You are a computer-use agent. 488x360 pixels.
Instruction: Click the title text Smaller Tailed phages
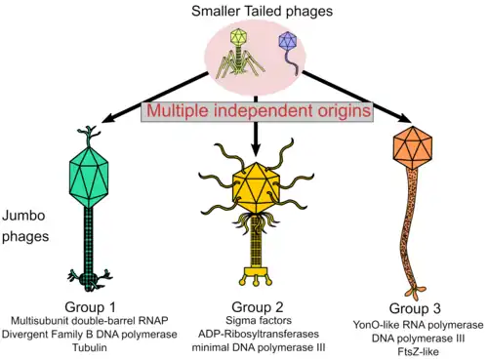tap(262, 11)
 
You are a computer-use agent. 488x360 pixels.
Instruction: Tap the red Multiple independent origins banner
tap(258, 111)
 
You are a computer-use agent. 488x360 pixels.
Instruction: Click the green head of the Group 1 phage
tap(89, 177)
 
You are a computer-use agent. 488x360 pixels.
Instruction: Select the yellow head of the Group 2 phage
tap(257, 187)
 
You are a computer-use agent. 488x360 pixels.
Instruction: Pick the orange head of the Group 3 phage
tap(413, 148)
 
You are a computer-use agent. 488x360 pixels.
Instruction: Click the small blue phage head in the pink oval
tap(288, 41)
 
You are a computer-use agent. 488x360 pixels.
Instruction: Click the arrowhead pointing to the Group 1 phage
tap(109, 118)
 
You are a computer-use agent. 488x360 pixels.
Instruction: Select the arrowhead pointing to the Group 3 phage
tap(404, 119)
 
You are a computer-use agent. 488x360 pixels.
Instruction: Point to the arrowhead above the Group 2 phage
tap(256, 150)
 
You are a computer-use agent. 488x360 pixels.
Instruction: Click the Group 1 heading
tap(90, 307)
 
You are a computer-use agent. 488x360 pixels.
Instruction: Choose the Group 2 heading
tap(258, 307)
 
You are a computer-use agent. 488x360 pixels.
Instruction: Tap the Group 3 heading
tap(415, 308)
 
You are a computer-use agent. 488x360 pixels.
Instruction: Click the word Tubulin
tap(90, 347)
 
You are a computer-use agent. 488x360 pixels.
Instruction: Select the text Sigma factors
tap(259, 320)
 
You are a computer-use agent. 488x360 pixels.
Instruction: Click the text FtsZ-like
tap(418, 351)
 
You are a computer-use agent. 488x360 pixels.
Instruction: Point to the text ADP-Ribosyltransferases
tap(259, 334)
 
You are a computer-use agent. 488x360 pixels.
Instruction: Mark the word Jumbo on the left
tap(23, 216)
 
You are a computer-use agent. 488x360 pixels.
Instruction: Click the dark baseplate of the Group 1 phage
tap(89, 279)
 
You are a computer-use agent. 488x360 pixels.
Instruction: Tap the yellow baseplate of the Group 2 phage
tap(257, 276)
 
